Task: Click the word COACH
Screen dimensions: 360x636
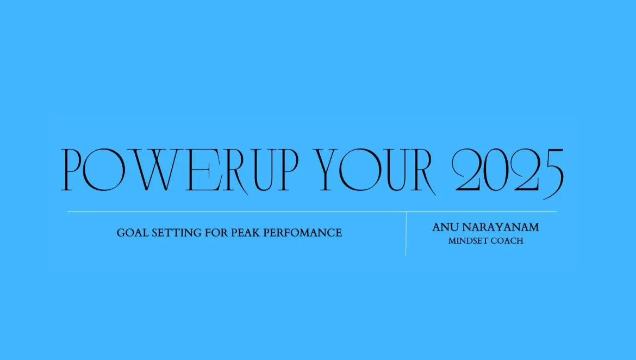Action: click(x=507, y=241)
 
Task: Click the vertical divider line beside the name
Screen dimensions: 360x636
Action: click(x=406, y=234)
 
